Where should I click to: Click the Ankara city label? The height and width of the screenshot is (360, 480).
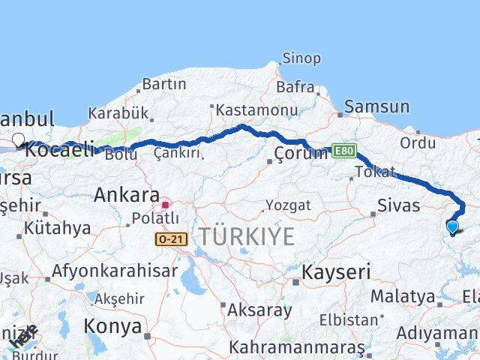tap(126, 196)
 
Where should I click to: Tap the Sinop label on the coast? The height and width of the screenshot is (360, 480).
tap(301, 58)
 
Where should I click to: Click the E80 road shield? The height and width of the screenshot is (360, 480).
tap(341, 151)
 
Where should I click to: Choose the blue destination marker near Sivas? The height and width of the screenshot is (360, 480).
tap(452, 226)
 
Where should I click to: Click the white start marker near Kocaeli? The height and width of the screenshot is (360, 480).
tap(19, 139)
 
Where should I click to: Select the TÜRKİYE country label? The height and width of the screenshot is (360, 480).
tap(246, 236)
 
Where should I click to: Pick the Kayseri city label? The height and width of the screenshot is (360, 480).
tap(336, 271)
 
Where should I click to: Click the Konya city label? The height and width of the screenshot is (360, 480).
tap(112, 326)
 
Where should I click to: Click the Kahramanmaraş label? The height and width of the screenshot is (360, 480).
tap(298, 348)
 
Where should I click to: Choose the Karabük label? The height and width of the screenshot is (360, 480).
tap(118, 114)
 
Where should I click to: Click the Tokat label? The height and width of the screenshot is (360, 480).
tap(375, 172)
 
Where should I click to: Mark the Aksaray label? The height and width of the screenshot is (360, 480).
tap(259, 309)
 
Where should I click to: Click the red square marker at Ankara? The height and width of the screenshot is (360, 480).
tap(165, 204)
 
